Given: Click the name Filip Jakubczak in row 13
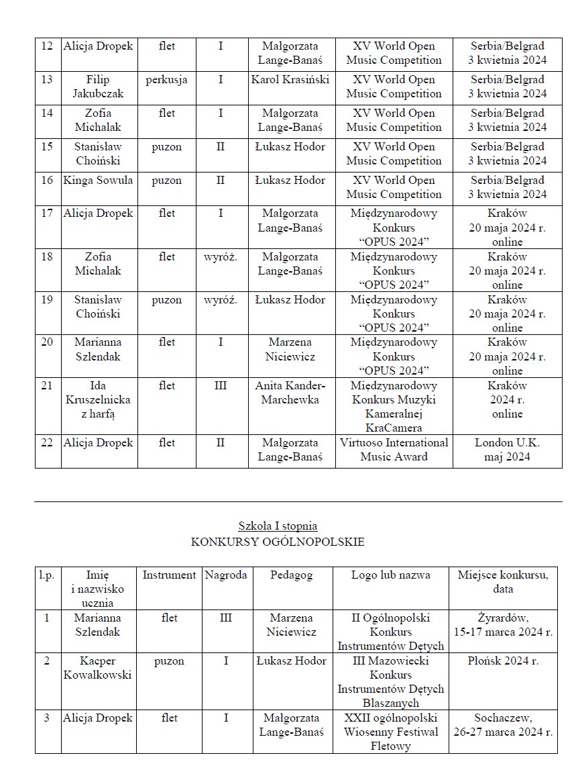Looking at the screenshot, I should coord(98,87).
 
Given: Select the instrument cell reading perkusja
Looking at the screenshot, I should coord(166,80).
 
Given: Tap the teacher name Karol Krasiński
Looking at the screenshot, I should coord(290,80).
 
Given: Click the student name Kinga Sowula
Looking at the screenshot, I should coord(98,180).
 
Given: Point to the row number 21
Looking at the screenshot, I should coord(47,386).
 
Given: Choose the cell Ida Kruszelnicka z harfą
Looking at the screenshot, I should coord(98,400).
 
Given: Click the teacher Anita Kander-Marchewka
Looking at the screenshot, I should coord(290,393).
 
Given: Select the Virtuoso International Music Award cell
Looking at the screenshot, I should coord(394,450).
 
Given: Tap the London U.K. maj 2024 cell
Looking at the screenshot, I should coord(507,450).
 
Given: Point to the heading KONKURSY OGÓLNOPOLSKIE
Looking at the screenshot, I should coord(278,542).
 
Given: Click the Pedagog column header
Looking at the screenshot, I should coord(292,575).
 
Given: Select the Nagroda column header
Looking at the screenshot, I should coord(225,575).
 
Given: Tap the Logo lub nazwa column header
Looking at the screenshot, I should coord(391,575).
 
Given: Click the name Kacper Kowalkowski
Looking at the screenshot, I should coord(98,668).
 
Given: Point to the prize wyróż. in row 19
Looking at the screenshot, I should coord(221,300).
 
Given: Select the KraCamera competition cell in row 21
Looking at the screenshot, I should coord(394,407).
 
